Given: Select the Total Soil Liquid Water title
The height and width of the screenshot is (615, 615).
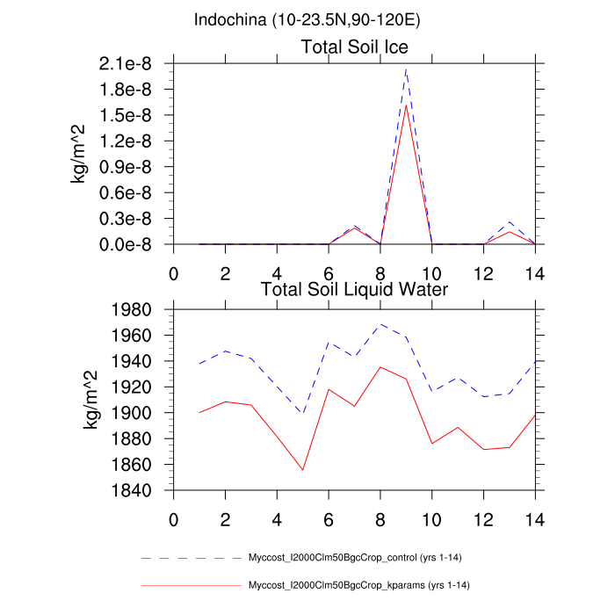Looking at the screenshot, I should click(x=355, y=288).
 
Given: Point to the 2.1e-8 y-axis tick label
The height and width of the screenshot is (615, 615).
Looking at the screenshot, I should click(x=129, y=63).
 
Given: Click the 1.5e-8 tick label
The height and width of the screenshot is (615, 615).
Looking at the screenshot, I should click(x=129, y=115).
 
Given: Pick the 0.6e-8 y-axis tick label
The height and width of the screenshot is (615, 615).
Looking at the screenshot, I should click(x=129, y=192).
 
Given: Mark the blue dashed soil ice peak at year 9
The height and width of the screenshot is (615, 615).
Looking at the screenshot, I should click(x=406, y=69).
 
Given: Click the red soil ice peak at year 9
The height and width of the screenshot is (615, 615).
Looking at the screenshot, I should click(x=406, y=105).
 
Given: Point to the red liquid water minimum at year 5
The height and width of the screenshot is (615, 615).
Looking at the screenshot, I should click(x=303, y=470).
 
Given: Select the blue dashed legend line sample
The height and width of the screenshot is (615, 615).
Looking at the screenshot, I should click(x=189, y=559).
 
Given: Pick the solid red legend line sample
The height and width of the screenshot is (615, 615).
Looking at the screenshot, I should click(x=189, y=584).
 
